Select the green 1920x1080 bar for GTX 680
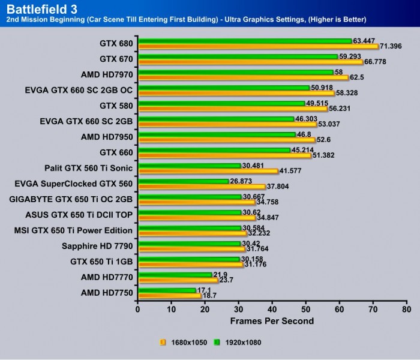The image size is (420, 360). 244,41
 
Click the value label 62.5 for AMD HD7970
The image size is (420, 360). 359,77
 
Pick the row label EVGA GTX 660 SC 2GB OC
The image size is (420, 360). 79,90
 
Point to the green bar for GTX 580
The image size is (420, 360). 221,103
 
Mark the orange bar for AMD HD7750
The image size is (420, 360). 169,296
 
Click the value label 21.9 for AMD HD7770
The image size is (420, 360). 221,274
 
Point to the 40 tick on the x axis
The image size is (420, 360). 272,310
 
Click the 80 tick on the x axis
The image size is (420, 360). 406,310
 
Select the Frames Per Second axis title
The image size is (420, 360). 272,321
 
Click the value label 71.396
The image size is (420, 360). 392,46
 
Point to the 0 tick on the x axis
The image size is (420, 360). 138,310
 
